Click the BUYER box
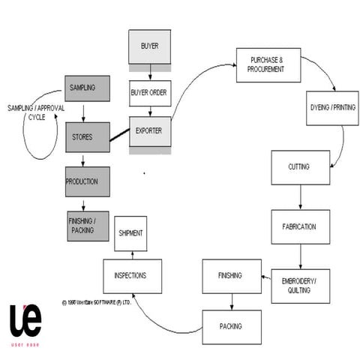149,46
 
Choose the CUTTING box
299,166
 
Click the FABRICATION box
299,226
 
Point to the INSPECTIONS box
135,275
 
